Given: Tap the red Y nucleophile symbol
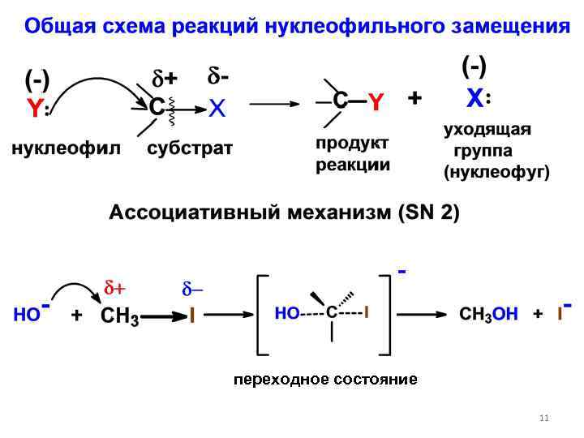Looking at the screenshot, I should [33, 109].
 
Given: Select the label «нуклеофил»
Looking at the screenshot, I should [65, 148].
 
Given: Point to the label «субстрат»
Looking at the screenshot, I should [190, 148].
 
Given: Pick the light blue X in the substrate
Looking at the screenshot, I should [217, 109].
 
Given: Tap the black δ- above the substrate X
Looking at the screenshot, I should [217, 78].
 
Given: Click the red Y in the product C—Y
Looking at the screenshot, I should [375, 101].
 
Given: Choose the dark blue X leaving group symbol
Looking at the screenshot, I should [475, 99].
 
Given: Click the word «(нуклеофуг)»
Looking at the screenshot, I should [496, 172].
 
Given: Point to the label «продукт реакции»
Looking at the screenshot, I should [352, 154].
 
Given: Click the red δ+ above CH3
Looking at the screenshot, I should [114, 289].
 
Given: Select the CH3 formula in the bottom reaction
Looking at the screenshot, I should [119, 317].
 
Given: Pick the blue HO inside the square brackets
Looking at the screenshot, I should [287, 312].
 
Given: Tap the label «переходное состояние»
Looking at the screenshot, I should [325, 379].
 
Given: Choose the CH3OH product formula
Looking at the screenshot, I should [488, 315].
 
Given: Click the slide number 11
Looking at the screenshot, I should [543, 418].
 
